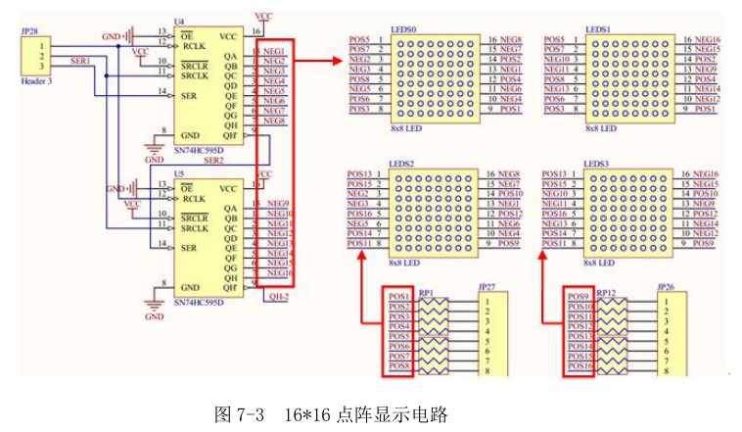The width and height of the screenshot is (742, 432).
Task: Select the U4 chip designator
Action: [178, 22]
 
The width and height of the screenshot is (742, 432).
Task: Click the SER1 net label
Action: [81, 62]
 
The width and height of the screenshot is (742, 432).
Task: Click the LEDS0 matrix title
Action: [403, 30]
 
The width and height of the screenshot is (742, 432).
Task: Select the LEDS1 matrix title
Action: [598, 30]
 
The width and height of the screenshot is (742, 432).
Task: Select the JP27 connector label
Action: [487, 288]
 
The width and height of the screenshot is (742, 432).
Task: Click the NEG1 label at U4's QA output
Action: [275, 51]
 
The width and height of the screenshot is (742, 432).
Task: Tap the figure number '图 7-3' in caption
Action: [239, 412]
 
